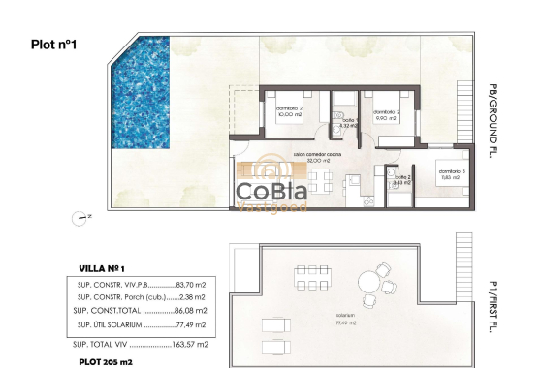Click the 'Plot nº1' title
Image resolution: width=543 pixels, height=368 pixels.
click(x=53, y=44)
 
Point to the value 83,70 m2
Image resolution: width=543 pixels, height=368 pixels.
click(x=198, y=284)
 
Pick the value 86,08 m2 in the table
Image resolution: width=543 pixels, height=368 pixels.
click(x=200, y=310)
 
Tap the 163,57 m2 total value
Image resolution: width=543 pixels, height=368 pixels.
click(x=198, y=344)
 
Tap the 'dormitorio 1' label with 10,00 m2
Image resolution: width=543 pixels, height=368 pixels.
click(x=289, y=110)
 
